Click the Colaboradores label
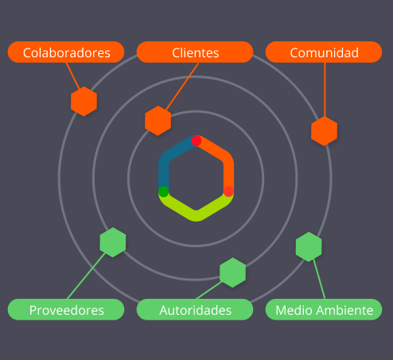[66, 52]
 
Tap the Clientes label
[195, 52]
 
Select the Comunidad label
[324, 52]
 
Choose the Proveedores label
[66, 309]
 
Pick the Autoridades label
[195, 309]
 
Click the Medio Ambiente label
[324, 309]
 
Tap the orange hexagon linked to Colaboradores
[84, 101]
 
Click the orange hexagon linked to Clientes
[158, 121]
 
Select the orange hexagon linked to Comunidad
[324, 131]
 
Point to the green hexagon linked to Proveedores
[113, 242]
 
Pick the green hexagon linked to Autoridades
[232, 273]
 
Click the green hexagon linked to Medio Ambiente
[309, 246]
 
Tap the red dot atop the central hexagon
[196, 141]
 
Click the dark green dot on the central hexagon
[164, 192]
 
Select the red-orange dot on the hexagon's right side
[228, 192]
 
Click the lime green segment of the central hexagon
[196, 215]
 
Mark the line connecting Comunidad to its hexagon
[325, 90]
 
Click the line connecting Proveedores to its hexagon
[87, 276]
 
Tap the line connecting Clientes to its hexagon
[182, 87]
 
